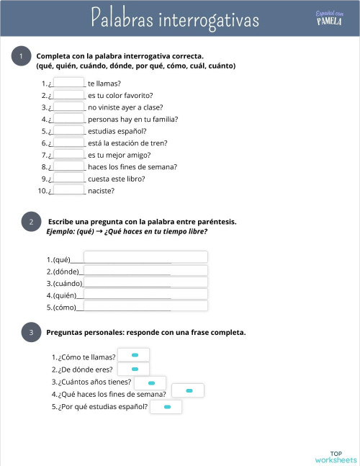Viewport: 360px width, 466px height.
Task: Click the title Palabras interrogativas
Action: (175, 19)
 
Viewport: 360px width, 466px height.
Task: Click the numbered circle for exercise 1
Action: (22, 57)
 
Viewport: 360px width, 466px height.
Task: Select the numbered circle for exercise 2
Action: (31, 223)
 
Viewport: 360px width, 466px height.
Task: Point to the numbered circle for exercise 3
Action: (31, 332)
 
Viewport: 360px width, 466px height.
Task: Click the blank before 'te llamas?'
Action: (70, 83)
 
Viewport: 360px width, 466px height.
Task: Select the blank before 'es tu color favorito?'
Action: (70, 95)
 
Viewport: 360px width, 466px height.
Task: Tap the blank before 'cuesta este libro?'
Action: (70, 179)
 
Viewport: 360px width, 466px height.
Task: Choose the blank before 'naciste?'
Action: (70, 191)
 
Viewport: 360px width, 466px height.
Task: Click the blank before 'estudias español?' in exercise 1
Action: (70, 131)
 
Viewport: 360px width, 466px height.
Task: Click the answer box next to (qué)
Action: (145, 258)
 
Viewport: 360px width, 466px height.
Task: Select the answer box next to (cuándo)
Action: (145, 282)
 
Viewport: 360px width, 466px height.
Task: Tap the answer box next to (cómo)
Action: (145, 306)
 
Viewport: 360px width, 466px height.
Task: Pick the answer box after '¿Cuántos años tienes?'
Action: (150, 382)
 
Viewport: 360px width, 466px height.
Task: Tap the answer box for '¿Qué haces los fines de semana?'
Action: (187, 391)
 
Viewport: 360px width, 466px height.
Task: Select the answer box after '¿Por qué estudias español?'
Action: (166, 407)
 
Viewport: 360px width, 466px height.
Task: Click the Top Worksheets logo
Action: (336, 457)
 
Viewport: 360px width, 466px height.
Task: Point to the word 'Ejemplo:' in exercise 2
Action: (60, 232)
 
